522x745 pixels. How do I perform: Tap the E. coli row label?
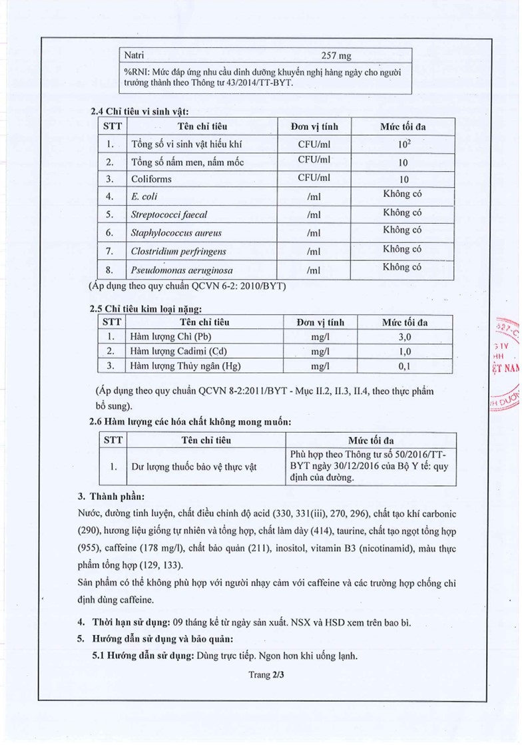click(144, 197)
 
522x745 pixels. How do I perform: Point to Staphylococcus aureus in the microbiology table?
click(176, 233)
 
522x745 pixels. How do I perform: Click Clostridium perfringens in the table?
click(179, 252)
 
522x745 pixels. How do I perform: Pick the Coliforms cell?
click(152, 179)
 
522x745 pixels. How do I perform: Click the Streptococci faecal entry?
click(169, 215)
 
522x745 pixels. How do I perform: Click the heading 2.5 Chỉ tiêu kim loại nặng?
click(145, 309)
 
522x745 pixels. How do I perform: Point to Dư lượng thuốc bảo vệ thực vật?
click(194, 467)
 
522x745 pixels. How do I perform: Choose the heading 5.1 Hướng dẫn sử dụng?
click(142, 655)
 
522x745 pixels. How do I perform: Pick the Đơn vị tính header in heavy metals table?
click(321, 322)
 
